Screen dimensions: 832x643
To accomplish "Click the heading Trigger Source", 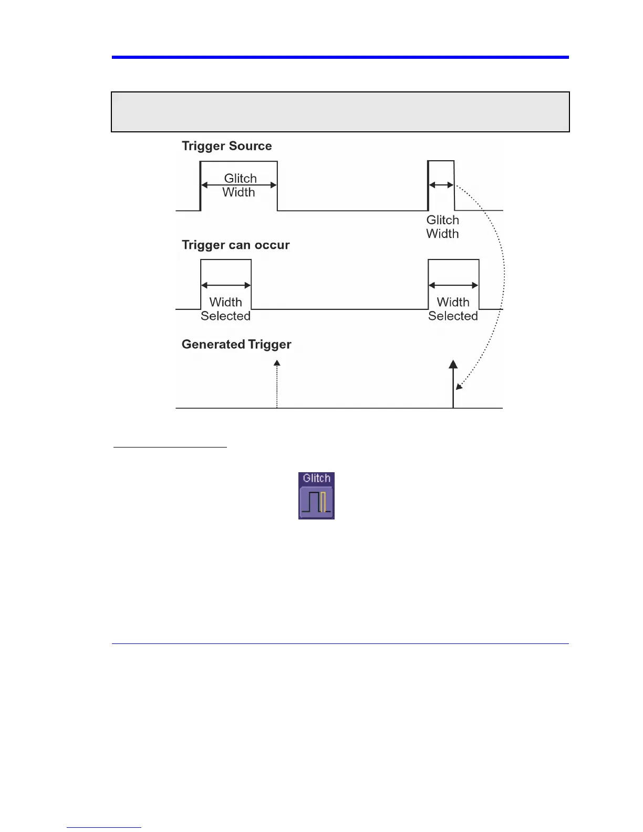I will click(226, 146).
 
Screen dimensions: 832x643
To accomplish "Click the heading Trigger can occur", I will click(235, 245).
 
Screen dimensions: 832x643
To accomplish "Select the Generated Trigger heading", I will click(236, 345).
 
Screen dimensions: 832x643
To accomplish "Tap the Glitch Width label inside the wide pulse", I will click(240, 185).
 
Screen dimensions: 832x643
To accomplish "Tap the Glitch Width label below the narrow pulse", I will click(442, 227).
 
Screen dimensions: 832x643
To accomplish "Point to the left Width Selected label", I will click(225, 309).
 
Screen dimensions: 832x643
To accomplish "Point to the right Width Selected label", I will click(453, 309).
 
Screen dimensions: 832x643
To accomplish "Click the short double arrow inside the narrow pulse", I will click(441, 185).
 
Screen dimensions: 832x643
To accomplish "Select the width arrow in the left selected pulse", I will click(226, 285).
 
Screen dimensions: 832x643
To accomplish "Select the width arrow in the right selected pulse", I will click(453, 285).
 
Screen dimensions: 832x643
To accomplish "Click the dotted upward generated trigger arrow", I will click(277, 383).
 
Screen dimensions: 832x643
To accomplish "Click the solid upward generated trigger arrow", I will click(453, 383).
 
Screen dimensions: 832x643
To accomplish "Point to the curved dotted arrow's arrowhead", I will click(459, 387).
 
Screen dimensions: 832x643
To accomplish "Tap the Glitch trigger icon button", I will click(316, 502).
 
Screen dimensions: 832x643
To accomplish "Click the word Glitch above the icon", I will click(316, 479).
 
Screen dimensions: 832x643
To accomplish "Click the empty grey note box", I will click(340, 112).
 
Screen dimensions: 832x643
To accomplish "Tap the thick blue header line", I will click(340, 57).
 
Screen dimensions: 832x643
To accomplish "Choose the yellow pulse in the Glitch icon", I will click(324, 502).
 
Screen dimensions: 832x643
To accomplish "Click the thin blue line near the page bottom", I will click(340, 643).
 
